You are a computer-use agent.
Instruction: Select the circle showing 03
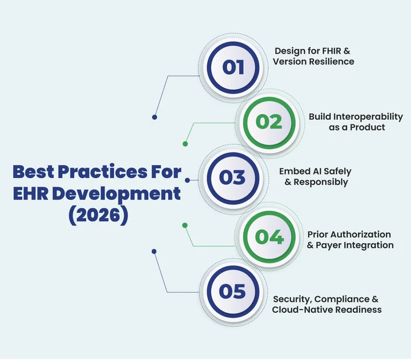coord(233,177)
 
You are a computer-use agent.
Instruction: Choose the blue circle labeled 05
coord(233,292)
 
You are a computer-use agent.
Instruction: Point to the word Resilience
coord(331,62)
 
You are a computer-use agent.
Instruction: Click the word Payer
coord(332,245)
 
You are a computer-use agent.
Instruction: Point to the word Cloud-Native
coord(301,310)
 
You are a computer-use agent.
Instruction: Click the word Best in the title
coord(37,171)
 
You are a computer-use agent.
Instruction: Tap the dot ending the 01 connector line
coord(154,118)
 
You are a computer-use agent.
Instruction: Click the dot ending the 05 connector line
coord(154,250)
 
